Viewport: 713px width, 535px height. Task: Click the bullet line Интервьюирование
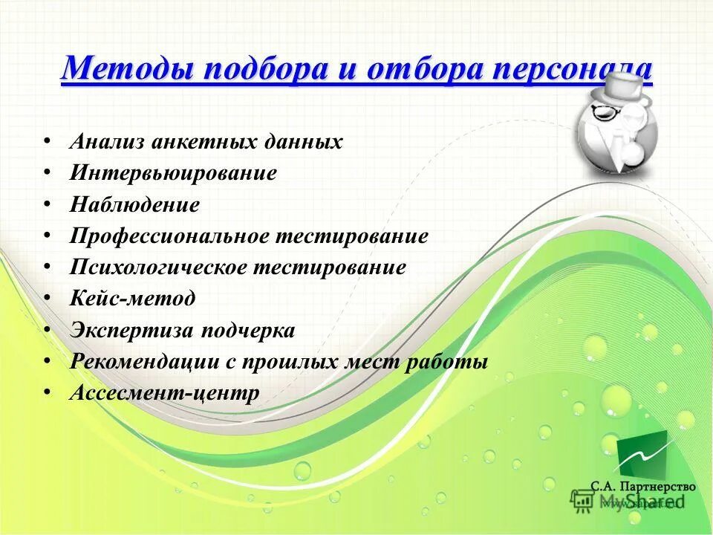[173, 173]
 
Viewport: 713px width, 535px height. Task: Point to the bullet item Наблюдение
[134, 204]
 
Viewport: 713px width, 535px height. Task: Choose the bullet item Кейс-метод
[132, 299]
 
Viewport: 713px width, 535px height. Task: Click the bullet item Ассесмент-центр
[164, 393]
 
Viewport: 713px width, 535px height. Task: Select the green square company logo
[642, 453]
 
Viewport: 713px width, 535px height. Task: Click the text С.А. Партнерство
[642, 486]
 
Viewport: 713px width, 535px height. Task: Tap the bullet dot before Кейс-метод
[48, 298]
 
